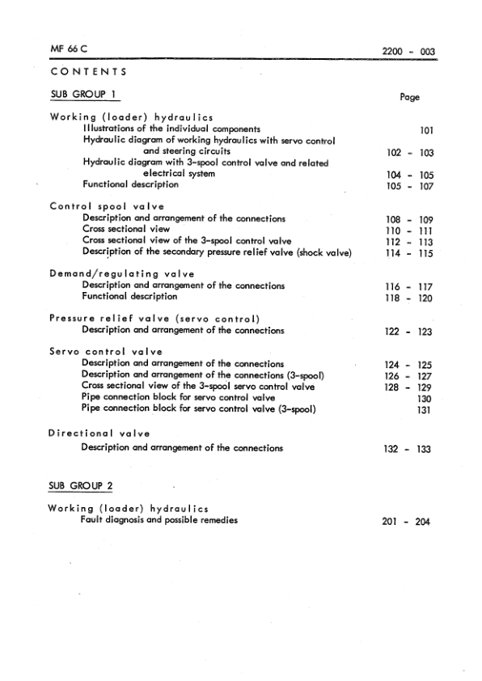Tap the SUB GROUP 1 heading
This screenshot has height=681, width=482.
click(x=81, y=95)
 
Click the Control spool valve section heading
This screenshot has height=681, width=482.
click(x=116, y=206)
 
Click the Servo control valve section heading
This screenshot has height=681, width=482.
click(x=106, y=352)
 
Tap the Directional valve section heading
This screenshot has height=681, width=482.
click(x=99, y=434)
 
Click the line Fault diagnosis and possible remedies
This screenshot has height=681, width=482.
click(x=159, y=520)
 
